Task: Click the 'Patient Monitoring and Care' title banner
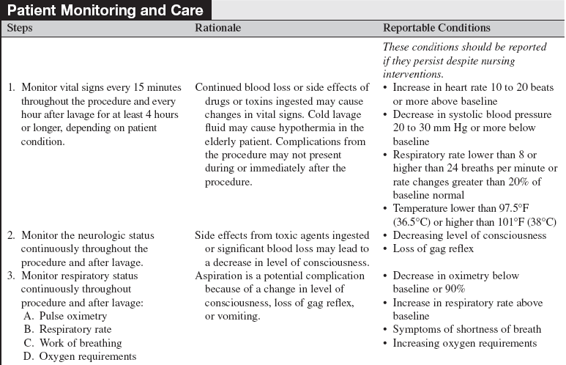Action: click(x=107, y=10)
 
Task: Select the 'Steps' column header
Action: click(x=20, y=28)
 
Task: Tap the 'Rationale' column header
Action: click(x=217, y=28)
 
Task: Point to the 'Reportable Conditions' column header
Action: click(x=436, y=28)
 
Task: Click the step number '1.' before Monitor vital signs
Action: click(x=12, y=88)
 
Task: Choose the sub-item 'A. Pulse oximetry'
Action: click(x=64, y=316)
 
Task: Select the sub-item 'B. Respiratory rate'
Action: click(x=67, y=330)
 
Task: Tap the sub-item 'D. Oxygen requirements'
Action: click(x=78, y=357)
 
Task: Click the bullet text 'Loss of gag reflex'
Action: click(x=433, y=248)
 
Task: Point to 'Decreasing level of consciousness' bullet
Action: click(x=469, y=235)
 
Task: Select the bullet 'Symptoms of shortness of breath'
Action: click(x=467, y=330)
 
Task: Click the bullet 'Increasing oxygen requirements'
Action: click(x=465, y=343)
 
